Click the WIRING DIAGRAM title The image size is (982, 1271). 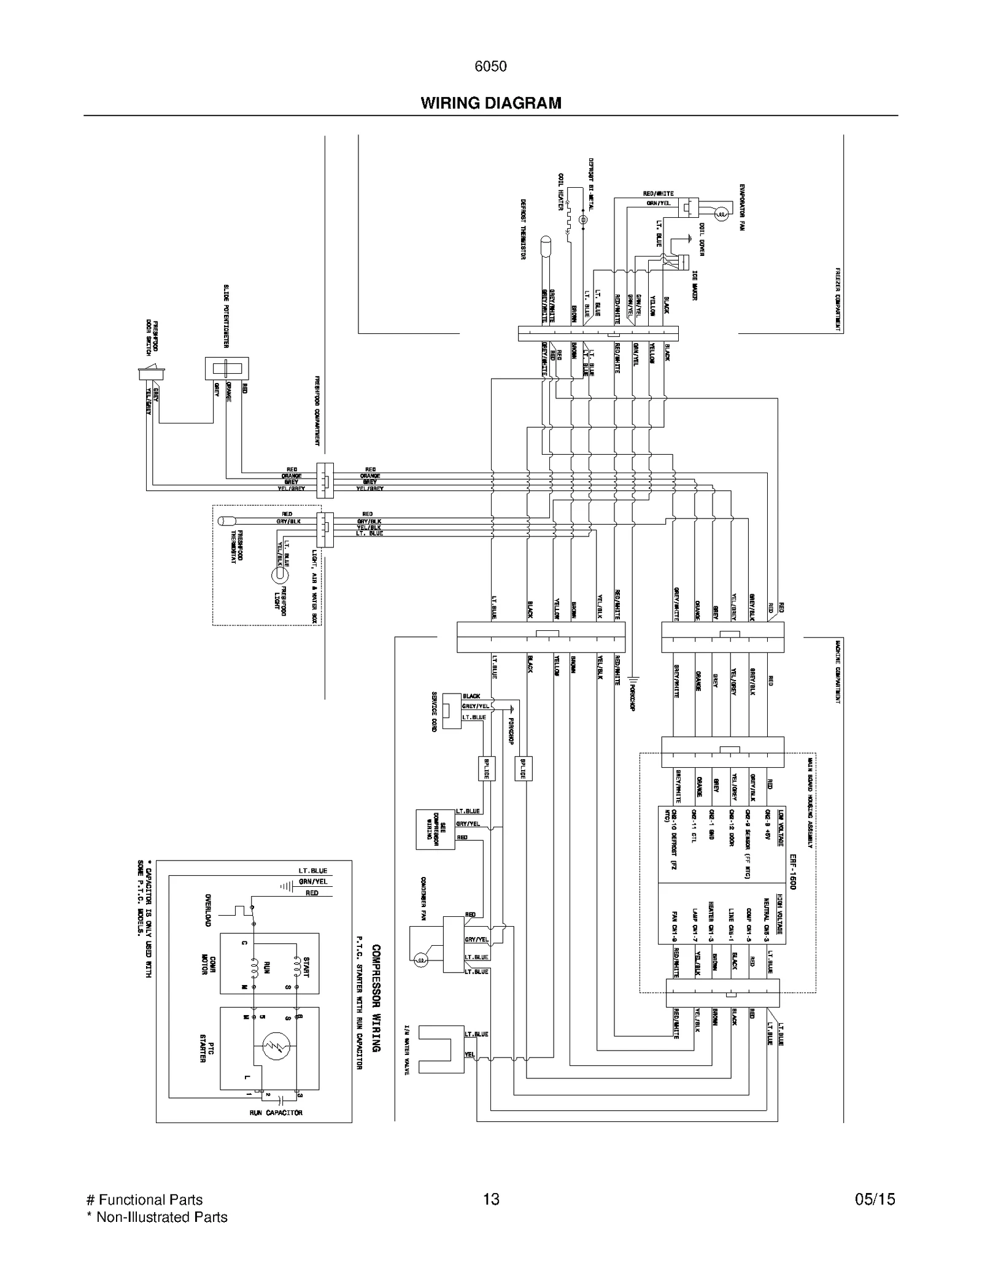[x=490, y=103]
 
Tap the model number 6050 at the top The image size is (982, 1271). [x=490, y=66]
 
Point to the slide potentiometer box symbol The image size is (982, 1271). [x=226, y=369]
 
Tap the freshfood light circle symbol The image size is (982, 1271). [x=279, y=575]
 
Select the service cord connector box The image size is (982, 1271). [x=452, y=711]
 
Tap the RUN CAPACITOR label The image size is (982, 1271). [x=276, y=1112]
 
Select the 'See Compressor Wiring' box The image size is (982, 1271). [x=435, y=830]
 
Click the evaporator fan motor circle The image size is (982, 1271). [x=722, y=214]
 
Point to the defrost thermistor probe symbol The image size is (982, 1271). [x=545, y=245]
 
